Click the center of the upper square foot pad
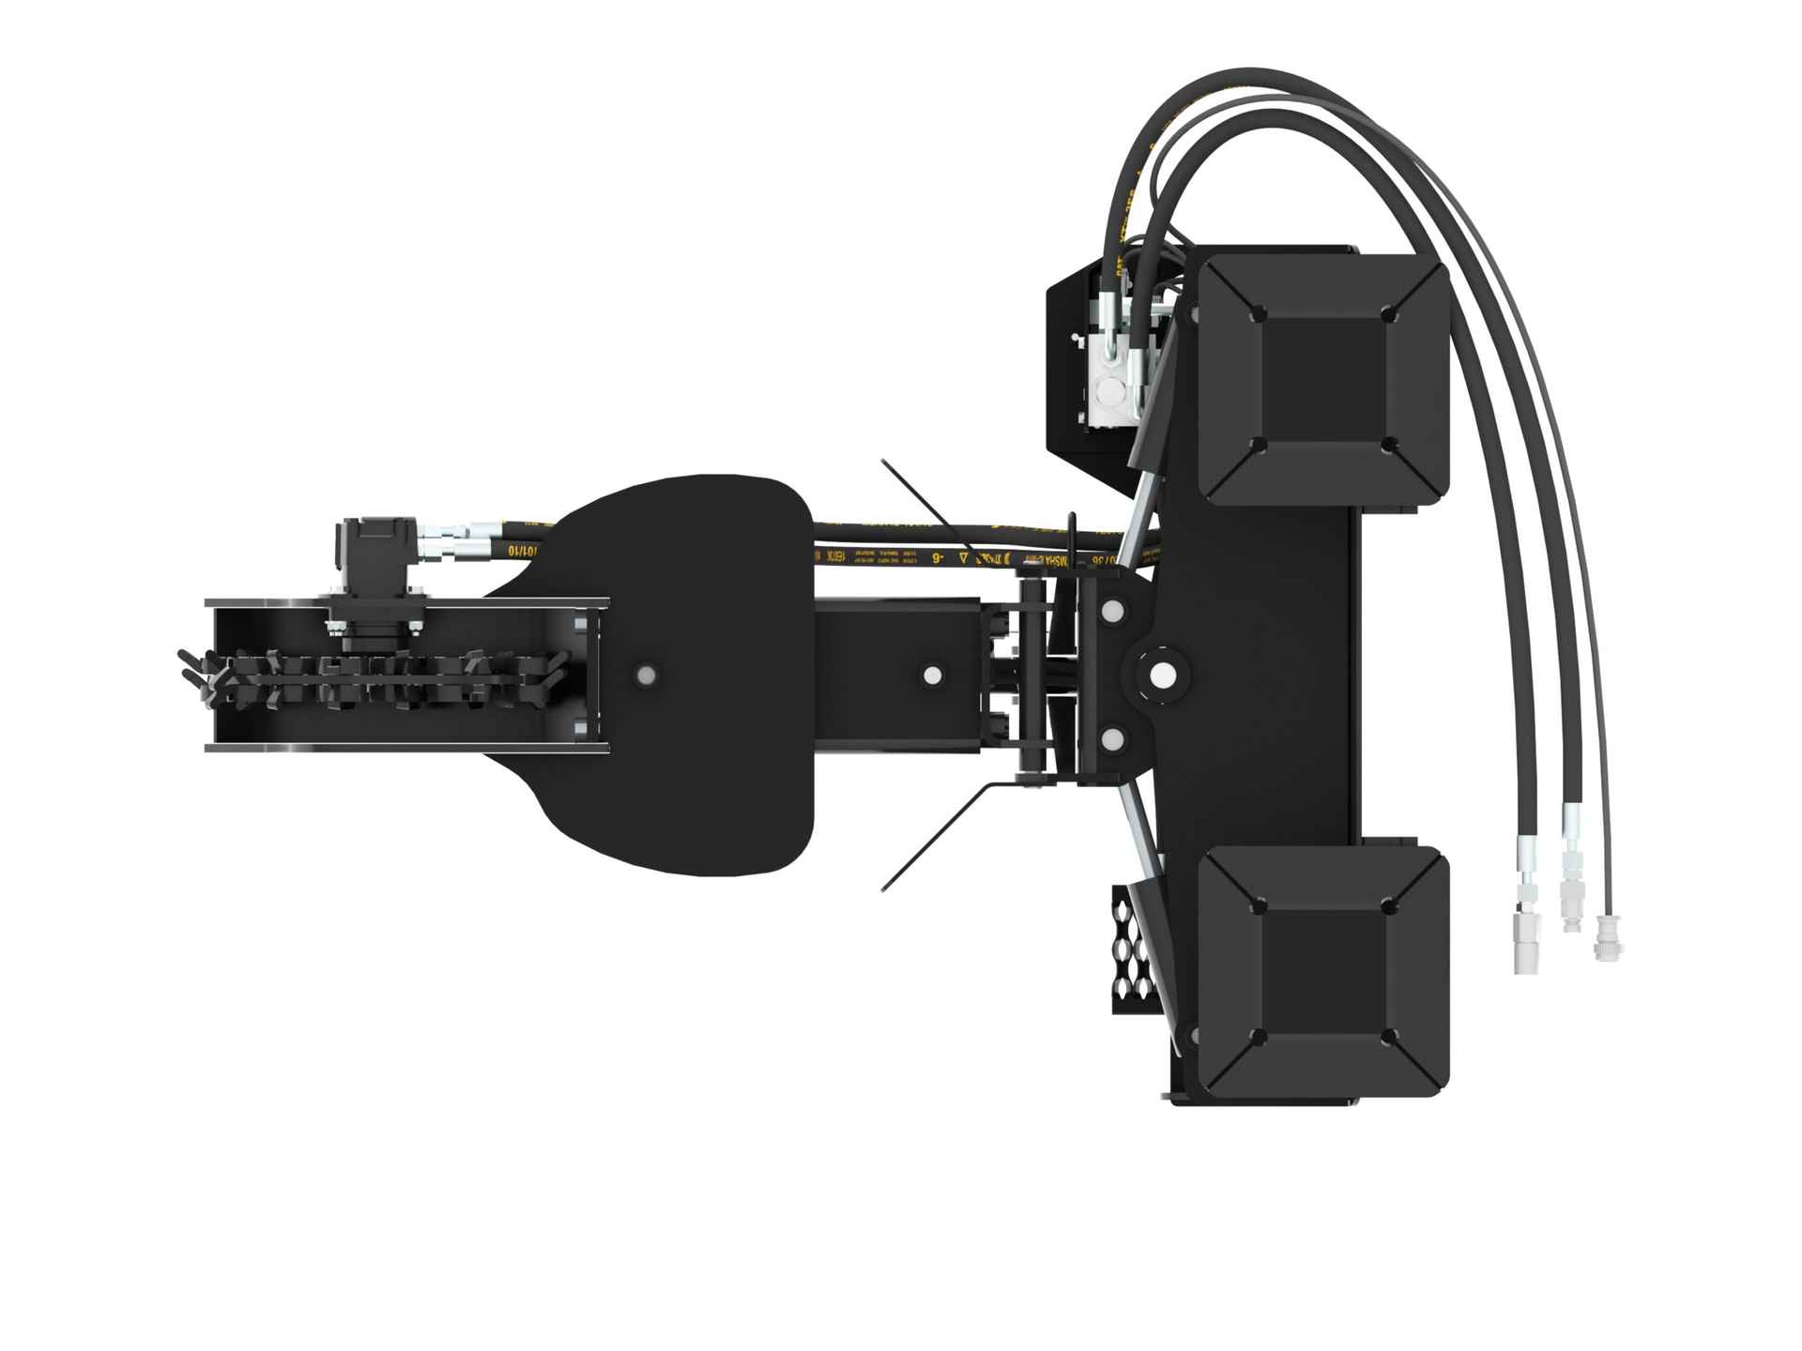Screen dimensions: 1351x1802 click(1324, 379)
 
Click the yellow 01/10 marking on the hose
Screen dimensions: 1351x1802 click(522, 549)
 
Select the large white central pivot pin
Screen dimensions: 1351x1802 click(1162, 675)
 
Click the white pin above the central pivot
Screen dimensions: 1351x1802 click(1114, 611)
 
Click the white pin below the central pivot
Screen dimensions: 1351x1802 click(1114, 740)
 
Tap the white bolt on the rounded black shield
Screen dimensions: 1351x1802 click(646, 675)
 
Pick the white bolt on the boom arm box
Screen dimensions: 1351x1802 click(932, 675)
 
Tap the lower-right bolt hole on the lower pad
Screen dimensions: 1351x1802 click(1391, 1037)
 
